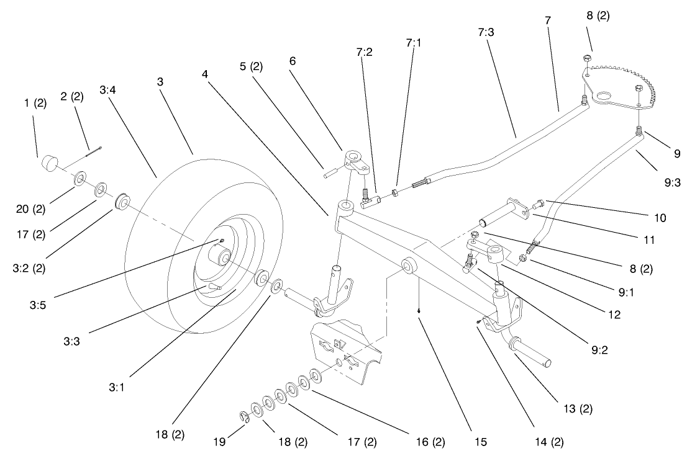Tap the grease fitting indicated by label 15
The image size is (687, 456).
tap(421, 313)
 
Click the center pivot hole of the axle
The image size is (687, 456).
tap(409, 267)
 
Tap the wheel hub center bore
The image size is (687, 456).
tap(222, 255)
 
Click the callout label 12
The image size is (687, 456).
tap(614, 315)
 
